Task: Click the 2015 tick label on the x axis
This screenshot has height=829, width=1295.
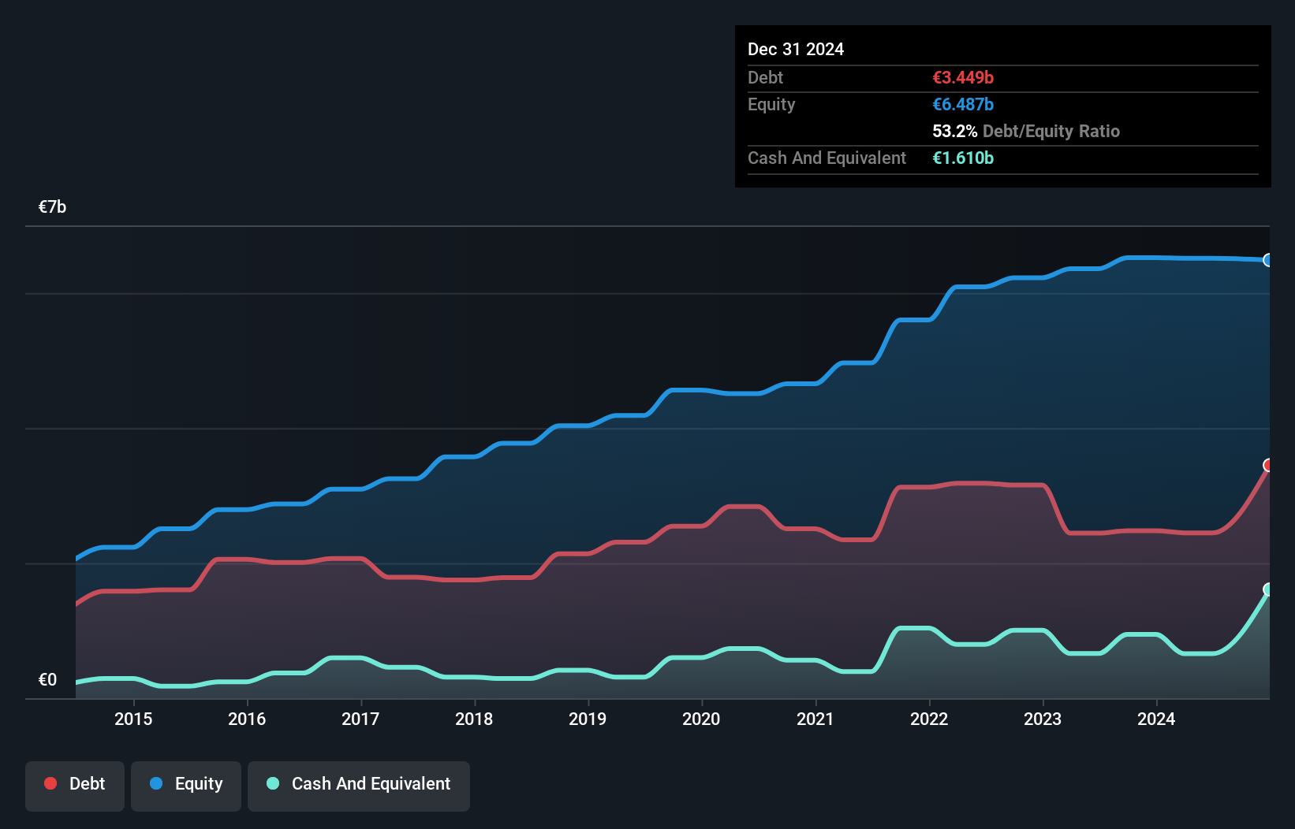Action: point(133,719)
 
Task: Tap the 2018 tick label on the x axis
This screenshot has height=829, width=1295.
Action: point(474,719)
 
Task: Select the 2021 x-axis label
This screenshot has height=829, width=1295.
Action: point(815,719)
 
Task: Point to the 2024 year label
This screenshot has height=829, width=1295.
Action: point(1155,719)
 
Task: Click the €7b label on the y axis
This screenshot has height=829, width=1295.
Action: point(52,207)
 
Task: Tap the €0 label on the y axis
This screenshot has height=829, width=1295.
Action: point(47,680)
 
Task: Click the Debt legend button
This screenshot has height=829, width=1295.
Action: point(75,784)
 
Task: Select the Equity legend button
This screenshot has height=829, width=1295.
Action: point(186,784)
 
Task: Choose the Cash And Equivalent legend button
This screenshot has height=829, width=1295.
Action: point(359,784)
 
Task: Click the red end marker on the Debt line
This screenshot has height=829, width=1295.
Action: point(1268,465)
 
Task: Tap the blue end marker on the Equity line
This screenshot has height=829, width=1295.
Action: point(1268,260)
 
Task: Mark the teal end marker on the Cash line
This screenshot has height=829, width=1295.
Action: point(1268,589)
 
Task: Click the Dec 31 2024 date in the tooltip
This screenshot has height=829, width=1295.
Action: point(795,50)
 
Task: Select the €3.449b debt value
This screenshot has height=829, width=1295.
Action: point(962,78)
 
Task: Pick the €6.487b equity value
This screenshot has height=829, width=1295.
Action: point(962,105)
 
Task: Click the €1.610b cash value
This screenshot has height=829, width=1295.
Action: point(962,158)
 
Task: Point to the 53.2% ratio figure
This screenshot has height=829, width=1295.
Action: point(954,132)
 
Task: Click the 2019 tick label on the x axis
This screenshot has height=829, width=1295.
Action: point(588,719)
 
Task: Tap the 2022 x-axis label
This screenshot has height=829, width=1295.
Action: point(928,719)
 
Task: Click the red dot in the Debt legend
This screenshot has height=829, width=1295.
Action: point(50,783)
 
